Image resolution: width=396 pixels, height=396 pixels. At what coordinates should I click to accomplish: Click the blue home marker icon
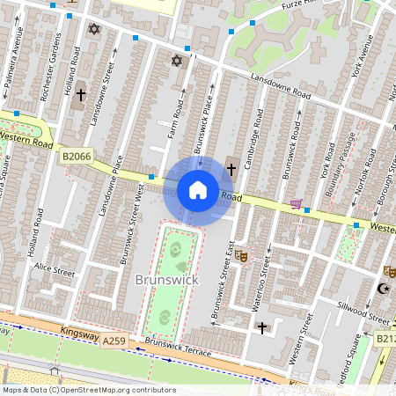point(197,189)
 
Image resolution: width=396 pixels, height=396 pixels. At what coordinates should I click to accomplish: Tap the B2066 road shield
point(77,156)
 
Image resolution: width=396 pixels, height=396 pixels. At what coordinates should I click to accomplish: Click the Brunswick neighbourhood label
point(167,279)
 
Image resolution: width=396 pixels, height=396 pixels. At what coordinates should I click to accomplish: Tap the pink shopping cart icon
point(297,204)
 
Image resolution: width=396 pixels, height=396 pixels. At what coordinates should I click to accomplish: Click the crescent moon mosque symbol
point(383,289)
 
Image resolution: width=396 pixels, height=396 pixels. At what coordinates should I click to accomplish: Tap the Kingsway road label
point(79,333)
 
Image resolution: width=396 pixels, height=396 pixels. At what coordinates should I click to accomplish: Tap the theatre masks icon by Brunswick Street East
point(241,256)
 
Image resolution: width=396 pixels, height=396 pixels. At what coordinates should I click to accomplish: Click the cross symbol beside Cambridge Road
point(231,167)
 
